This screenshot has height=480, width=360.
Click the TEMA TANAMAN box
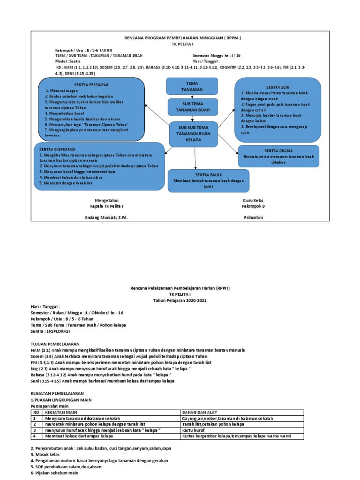pos(192,86)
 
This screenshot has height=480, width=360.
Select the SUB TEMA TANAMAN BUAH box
pos(192,107)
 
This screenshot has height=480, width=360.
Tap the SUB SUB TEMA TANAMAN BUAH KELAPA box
pos(194,134)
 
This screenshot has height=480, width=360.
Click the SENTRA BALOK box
pos(208,180)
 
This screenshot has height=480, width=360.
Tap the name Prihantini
pos(254,217)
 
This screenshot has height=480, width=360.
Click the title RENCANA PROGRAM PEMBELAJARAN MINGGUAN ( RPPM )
pos(182,37)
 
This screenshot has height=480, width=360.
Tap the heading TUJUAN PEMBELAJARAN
pos(55,344)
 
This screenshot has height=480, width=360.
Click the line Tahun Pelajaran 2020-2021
pos(180,300)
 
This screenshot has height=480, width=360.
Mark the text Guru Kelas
pos(254,200)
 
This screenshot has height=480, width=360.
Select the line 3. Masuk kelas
pos(44,455)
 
